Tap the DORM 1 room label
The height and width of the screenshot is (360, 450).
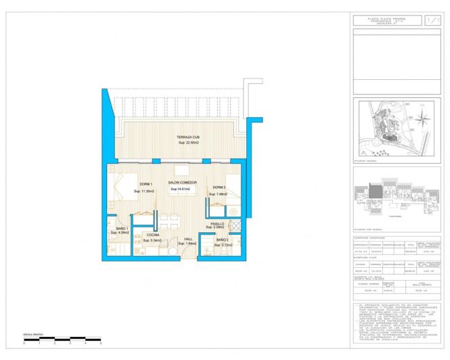tap(146, 185)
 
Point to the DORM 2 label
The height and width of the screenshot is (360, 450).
tap(219, 187)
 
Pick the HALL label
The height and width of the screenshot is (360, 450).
tap(189, 239)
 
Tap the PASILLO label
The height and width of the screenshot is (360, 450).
tap(217, 223)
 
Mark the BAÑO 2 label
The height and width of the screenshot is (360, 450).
tap(223, 240)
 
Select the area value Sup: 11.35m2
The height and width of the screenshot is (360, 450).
tap(144, 192)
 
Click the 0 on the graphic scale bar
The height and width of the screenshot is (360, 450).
tap(24, 343)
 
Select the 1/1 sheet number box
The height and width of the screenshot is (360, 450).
tap(431, 21)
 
